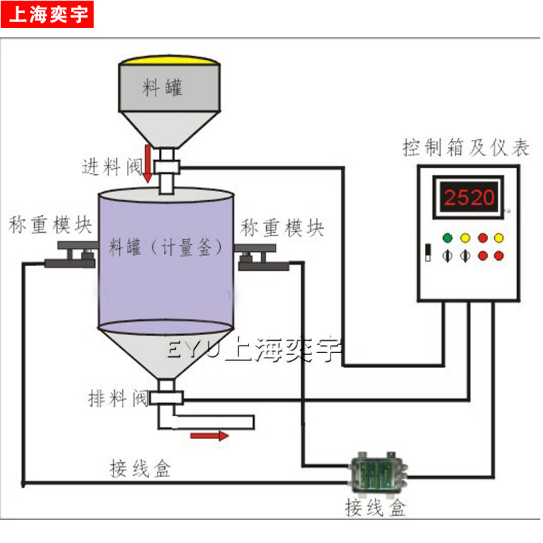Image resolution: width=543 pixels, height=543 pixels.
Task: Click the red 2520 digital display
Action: (470, 198)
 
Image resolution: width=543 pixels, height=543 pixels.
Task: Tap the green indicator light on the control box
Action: (447, 238)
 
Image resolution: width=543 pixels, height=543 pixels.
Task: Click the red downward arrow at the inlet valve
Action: (147, 164)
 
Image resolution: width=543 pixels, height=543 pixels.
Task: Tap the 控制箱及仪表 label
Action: (465, 147)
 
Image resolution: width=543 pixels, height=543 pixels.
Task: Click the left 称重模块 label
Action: (50, 225)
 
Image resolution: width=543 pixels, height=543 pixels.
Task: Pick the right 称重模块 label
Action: (282, 227)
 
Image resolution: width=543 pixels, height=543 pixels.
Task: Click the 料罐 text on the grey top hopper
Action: (163, 87)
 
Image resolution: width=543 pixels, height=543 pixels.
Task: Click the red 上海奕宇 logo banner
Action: (47, 14)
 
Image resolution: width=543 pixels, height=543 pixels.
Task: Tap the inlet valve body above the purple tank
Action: (166, 167)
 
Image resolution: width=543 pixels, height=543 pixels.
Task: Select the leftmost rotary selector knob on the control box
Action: (447, 256)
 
